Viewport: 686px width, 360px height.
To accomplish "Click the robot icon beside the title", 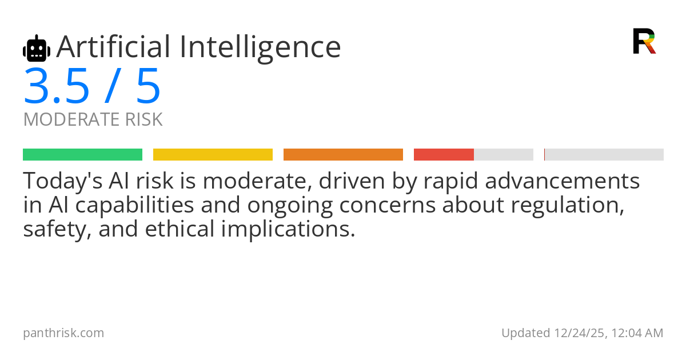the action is click(37, 49).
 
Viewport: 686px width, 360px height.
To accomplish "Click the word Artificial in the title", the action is click(113, 47).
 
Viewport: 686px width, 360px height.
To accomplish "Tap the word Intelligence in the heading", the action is click(260, 49).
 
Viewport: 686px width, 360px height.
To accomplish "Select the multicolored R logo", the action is click(644, 41).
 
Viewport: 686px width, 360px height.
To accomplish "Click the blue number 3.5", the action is click(57, 86).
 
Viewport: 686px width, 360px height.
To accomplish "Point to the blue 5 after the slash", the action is click(148, 86).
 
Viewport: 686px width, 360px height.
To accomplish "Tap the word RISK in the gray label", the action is click(144, 119).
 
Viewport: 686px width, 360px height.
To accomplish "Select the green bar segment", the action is click(83, 155).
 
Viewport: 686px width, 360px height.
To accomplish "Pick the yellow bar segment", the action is click(213, 155).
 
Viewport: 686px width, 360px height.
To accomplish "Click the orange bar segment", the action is click(344, 155).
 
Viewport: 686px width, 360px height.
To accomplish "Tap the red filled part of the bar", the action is click(444, 155).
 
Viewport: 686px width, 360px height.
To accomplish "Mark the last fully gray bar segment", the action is click(604, 155).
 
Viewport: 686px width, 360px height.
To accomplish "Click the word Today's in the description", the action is click(63, 181).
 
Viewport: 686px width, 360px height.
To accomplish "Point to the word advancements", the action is click(563, 181).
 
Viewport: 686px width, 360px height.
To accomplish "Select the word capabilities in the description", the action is click(134, 205).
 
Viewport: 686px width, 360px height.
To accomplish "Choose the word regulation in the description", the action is click(568, 206).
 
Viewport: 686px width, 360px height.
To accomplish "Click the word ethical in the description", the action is click(180, 229).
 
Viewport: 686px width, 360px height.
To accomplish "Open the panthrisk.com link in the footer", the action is click(63, 333).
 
